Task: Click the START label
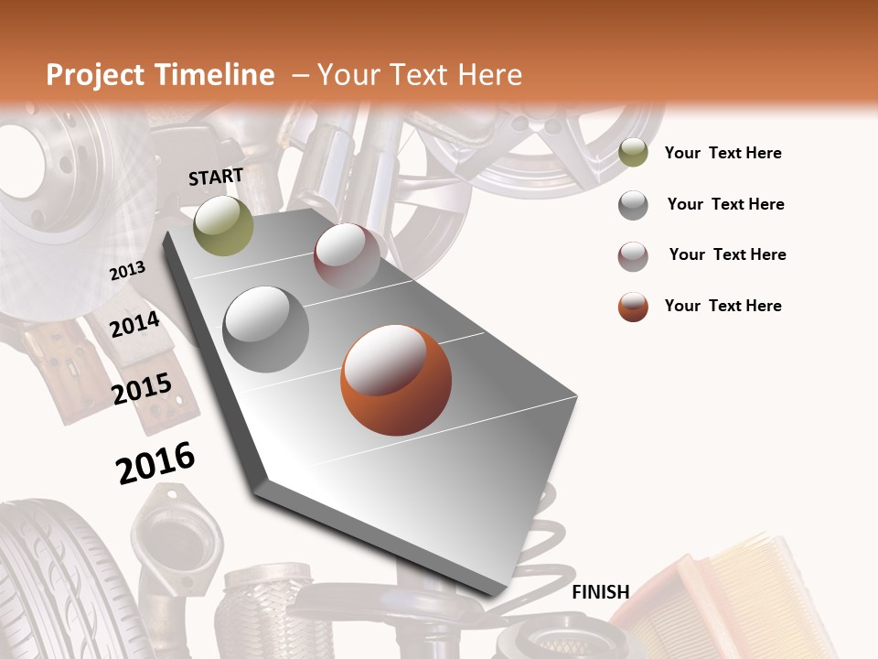click(216, 176)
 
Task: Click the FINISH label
click(600, 592)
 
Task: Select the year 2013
click(127, 270)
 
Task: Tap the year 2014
click(134, 324)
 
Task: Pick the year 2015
click(142, 389)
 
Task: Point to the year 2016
click(155, 462)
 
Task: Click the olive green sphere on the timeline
click(223, 225)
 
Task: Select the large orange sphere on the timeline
click(395, 379)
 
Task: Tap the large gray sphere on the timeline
click(266, 329)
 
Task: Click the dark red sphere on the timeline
click(347, 255)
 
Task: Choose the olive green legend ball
click(633, 153)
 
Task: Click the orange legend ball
click(633, 307)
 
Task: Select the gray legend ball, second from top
click(633, 205)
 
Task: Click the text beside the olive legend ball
click(723, 153)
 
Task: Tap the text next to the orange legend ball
click(723, 306)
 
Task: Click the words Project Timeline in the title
click(160, 75)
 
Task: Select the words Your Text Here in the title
click(419, 75)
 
